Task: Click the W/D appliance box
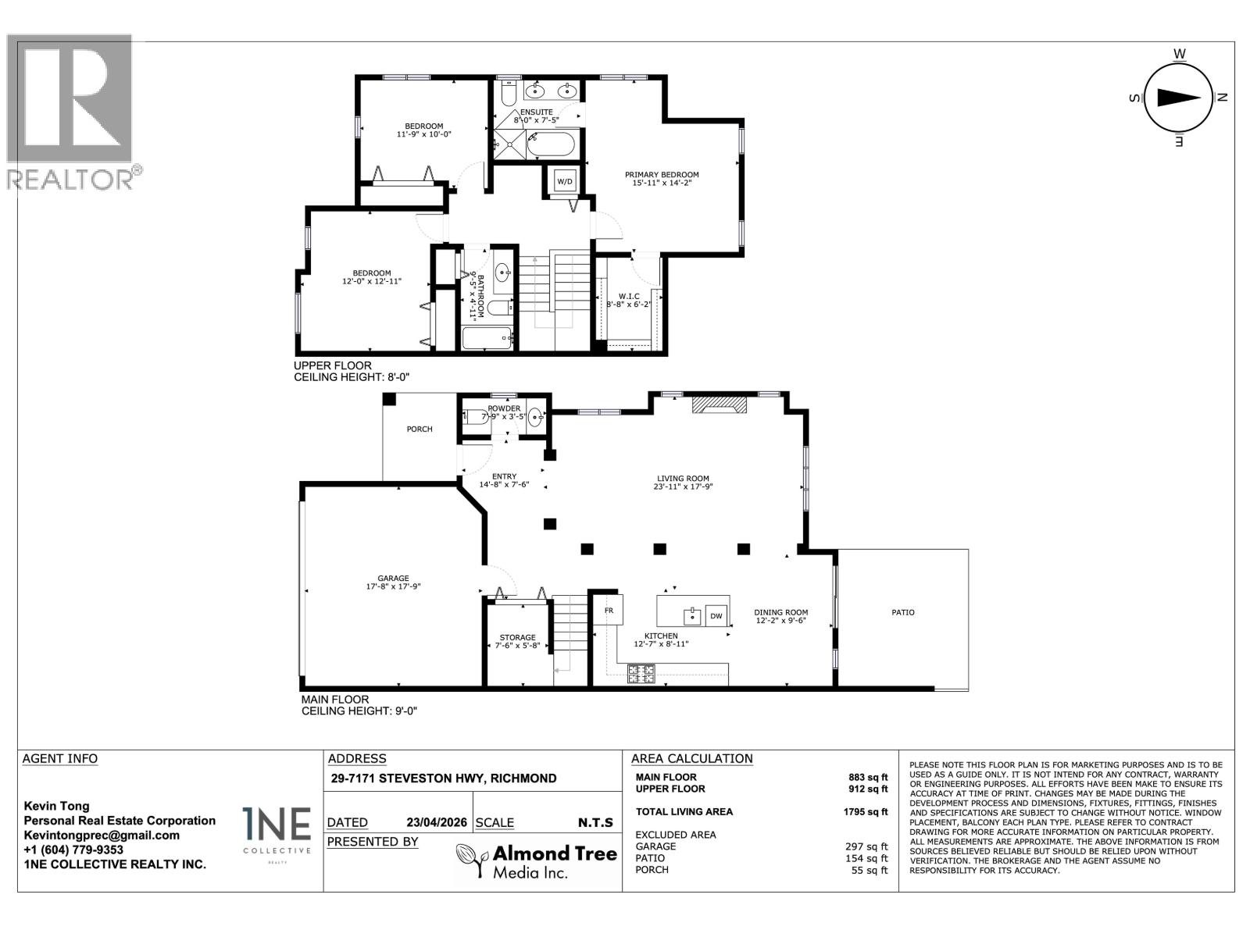(x=564, y=182)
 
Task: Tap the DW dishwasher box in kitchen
(x=716, y=616)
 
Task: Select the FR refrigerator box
(x=609, y=610)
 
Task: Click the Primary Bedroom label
(x=661, y=175)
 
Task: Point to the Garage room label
(x=393, y=579)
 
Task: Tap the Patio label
(x=902, y=613)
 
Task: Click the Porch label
(x=420, y=429)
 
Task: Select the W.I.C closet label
(x=628, y=297)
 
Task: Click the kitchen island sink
(x=691, y=616)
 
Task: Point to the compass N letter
(x=1223, y=98)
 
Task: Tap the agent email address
(x=102, y=835)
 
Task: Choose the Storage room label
(x=517, y=638)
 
